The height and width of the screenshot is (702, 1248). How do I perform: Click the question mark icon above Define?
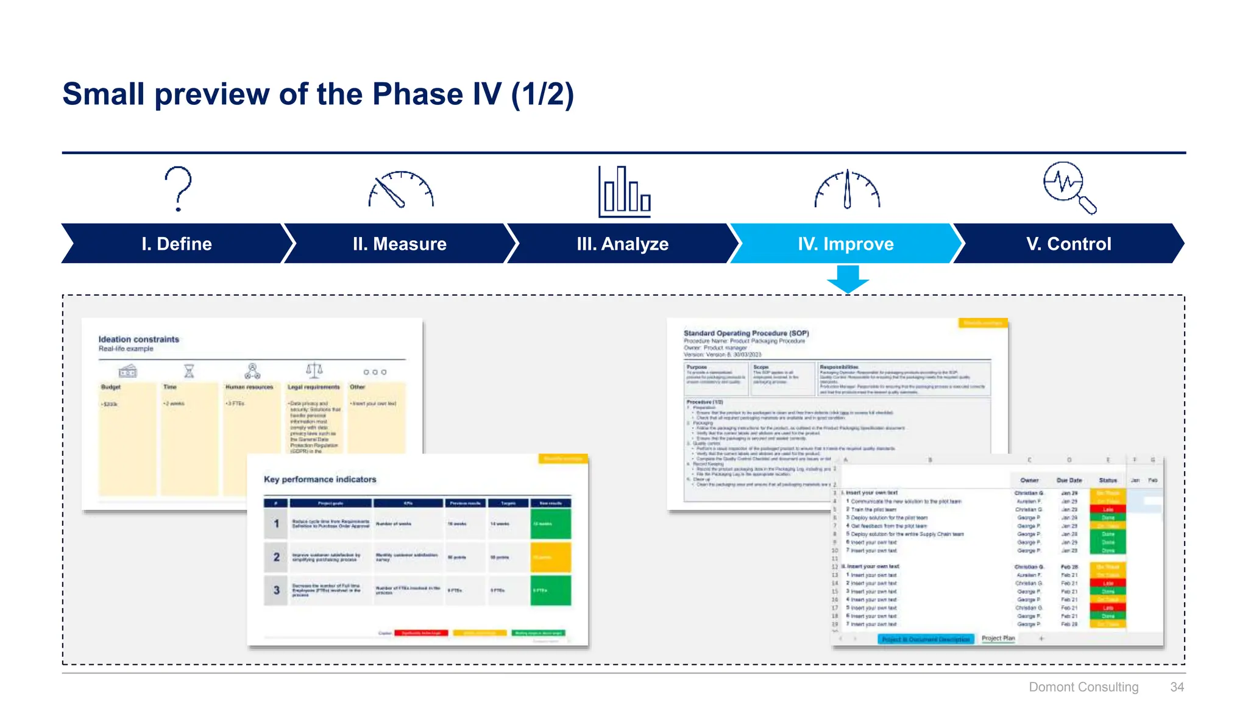178,188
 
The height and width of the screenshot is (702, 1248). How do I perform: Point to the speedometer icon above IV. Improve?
847,190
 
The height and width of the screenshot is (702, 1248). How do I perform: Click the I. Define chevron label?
177,244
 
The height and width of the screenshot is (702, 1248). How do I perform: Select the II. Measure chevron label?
400,244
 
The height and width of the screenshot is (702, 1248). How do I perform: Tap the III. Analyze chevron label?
623,244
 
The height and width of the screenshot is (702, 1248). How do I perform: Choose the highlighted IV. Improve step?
846,244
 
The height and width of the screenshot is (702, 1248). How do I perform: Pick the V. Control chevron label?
1069,244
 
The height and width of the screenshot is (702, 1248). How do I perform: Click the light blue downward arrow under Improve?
848,279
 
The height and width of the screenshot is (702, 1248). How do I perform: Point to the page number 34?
1177,687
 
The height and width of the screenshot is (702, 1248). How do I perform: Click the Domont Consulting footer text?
1083,687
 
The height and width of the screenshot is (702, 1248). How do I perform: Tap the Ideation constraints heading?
139,339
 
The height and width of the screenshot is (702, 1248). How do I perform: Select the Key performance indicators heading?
320,480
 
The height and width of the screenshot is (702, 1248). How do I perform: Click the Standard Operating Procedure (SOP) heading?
746,333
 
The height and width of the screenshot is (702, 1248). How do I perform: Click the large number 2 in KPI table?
277,557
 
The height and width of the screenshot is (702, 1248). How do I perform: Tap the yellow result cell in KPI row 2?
550,557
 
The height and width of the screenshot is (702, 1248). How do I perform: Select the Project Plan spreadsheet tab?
998,638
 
